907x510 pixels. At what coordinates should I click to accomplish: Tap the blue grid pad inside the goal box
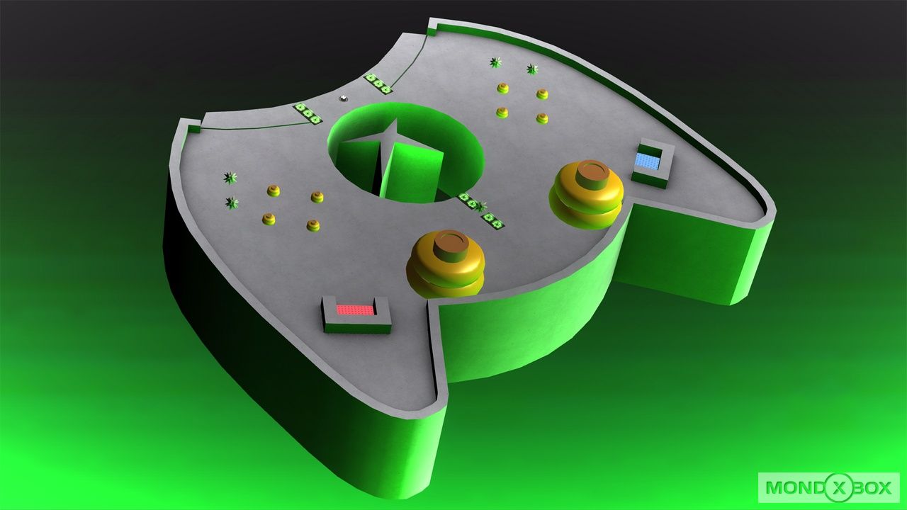(x=647, y=161)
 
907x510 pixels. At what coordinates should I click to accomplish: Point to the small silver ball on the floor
(x=344, y=98)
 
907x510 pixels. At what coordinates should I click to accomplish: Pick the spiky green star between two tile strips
(x=481, y=207)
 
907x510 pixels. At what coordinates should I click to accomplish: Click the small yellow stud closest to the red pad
(x=312, y=225)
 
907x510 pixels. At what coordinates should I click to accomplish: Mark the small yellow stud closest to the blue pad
(x=542, y=118)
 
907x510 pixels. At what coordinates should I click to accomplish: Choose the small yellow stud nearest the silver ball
(x=273, y=191)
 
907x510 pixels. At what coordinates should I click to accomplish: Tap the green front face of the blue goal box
(x=649, y=178)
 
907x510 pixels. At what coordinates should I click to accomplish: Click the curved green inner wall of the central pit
(x=453, y=142)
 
